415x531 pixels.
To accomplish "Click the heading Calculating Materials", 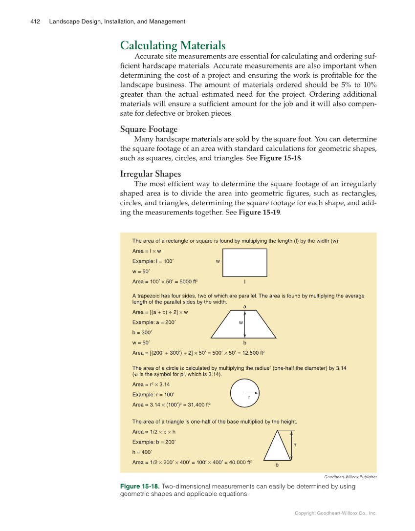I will [x=173, y=45].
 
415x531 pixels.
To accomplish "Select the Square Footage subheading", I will [x=149, y=129].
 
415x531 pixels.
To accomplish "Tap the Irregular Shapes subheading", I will [x=150, y=174].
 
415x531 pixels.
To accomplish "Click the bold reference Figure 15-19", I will [x=260, y=213].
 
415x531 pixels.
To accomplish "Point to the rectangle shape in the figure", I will [x=244, y=262].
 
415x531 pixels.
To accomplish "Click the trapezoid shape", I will [x=243, y=325].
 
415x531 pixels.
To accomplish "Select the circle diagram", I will [x=244, y=393].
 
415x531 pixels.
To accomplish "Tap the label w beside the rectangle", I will [x=218, y=261].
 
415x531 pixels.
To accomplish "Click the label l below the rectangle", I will [x=244, y=282].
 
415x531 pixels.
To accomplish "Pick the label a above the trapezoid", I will [x=244, y=307].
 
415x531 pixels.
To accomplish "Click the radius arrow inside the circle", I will [x=251, y=392].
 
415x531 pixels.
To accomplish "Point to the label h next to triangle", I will [x=295, y=445].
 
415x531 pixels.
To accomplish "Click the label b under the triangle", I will [x=277, y=465].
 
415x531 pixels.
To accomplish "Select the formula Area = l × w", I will [x=147, y=251].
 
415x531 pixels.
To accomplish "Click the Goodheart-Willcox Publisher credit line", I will [x=350, y=477].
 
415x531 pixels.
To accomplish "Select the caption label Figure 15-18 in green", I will [x=139, y=487].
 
